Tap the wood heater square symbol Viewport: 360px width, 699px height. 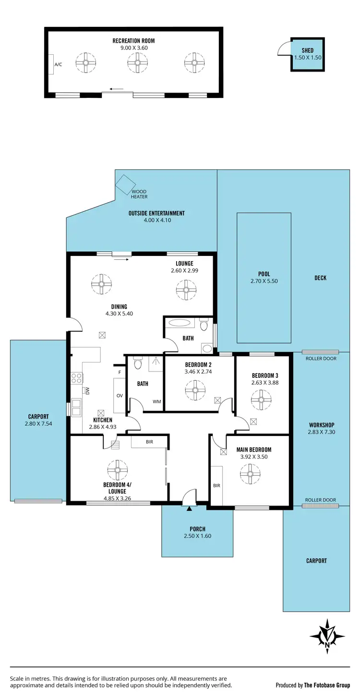coord(126,184)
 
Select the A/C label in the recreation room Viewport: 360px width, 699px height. coord(58,64)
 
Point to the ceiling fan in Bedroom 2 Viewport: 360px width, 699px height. coord(195,389)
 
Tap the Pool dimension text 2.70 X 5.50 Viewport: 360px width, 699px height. coord(264,281)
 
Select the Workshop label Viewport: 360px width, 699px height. coord(321,425)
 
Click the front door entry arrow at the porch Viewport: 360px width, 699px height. coord(190,508)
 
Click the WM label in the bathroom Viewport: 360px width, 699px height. coord(156,401)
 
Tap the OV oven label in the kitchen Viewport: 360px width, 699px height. coord(119,396)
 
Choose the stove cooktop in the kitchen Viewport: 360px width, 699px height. coord(76,378)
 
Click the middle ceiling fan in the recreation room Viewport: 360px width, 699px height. coord(137,62)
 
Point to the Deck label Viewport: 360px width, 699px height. coord(320,278)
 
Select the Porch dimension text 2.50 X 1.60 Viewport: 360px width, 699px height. coord(197,536)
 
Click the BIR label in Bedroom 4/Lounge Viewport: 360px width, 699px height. coord(149,441)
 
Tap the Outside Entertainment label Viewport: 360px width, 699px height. coord(156,213)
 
